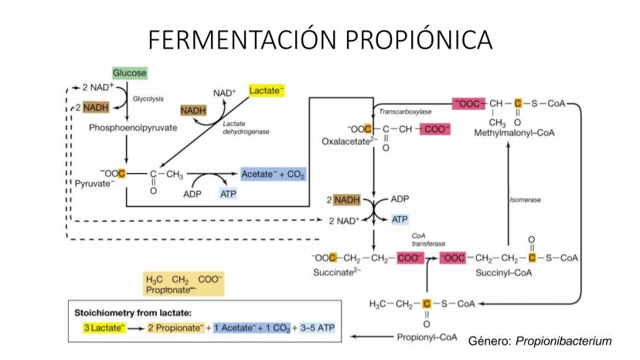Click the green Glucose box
coord(129,73)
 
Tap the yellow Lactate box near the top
coord(267,91)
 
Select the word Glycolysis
coord(148,99)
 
